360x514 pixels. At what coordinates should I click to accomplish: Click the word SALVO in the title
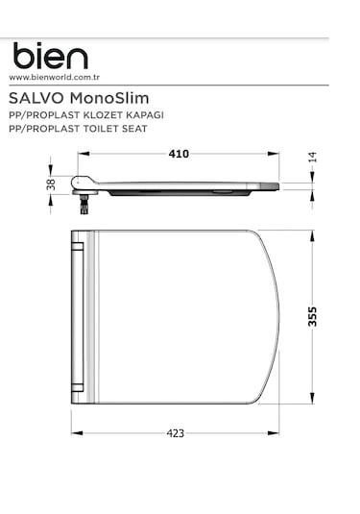point(34,98)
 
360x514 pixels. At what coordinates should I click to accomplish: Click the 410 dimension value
point(178,154)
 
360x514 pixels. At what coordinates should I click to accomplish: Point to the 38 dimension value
point(51,184)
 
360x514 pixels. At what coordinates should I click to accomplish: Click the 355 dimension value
point(312,317)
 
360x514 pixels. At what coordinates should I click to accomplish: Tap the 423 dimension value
point(176,433)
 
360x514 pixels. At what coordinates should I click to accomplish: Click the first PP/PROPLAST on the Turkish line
point(44,114)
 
